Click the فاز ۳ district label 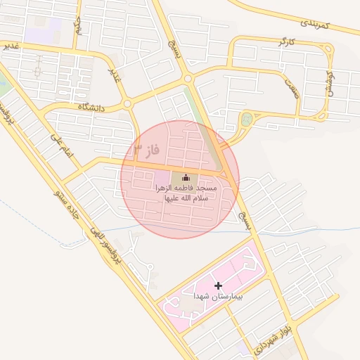click(147, 150)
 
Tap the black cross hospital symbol click(218, 285)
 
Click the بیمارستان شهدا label click(218, 297)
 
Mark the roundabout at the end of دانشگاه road click(127, 104)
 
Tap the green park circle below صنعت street click(245, 120)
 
